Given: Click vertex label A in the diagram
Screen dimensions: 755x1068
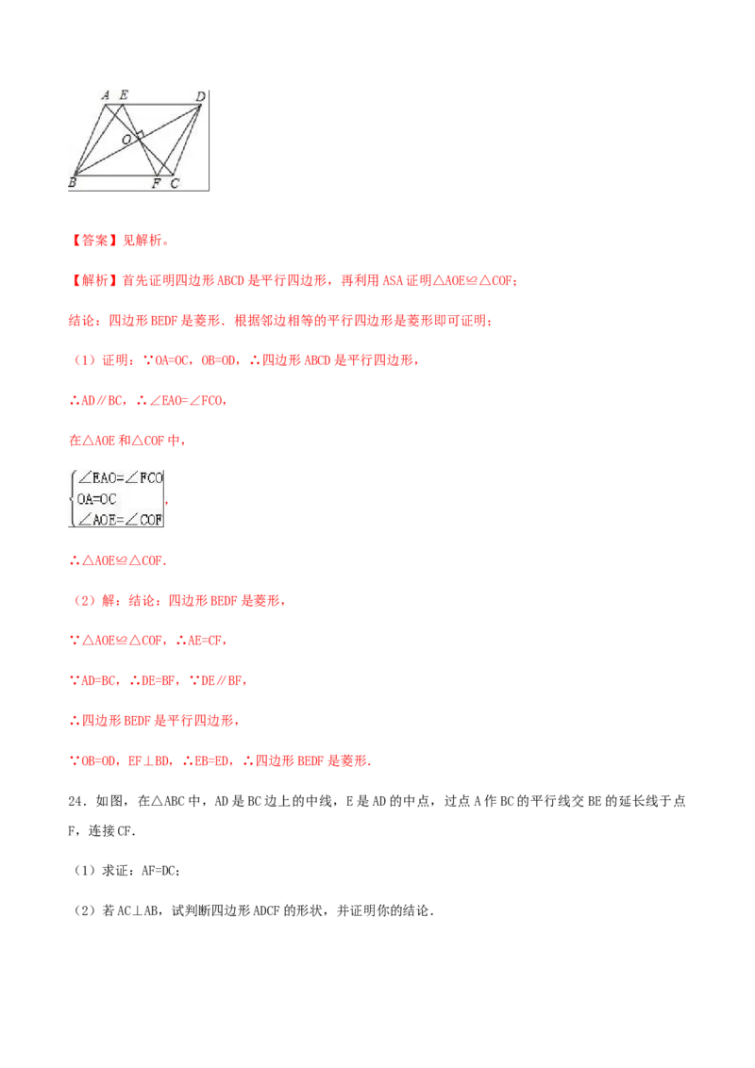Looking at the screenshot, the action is [106, 95].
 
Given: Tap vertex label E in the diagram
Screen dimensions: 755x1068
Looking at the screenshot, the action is [124, 95].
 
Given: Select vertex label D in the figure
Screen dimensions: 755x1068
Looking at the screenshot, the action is [200, 97].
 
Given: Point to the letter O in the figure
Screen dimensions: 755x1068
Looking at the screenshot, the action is [126, 140].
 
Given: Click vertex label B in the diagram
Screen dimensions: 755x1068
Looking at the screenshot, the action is [73, 182].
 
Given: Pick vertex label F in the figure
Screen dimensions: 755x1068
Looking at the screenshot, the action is [157, 182].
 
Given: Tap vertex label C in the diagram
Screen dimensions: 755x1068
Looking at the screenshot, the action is [175, 183].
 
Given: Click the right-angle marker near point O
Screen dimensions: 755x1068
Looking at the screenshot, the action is [139, 134].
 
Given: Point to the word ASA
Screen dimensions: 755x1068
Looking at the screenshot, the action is [393, 280].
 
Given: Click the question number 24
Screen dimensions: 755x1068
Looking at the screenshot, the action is [76, 801].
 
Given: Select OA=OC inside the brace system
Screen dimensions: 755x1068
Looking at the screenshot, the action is [97, 499].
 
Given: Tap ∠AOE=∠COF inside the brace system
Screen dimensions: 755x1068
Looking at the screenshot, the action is [120, 520].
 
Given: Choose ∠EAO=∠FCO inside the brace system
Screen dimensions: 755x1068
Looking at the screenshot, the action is [120, 478].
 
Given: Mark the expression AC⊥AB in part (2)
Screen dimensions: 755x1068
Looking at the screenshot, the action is [140, 910].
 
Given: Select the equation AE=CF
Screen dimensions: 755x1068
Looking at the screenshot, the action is [205, 641].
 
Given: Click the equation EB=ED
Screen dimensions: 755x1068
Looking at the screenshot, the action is [212, 760].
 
